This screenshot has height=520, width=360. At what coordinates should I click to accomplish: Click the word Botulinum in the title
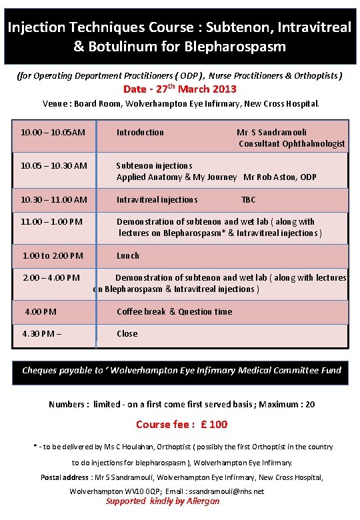coord(116,47)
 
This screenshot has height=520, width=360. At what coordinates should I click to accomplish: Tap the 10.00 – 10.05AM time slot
coord(53,132)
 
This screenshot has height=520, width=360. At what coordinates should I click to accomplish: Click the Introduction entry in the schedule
coord(140,132)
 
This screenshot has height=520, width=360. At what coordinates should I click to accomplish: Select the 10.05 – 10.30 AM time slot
coord(54,165)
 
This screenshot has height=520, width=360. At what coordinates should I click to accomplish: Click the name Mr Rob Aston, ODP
coord(280,177)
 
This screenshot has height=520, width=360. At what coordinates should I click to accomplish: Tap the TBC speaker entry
coord(249,199)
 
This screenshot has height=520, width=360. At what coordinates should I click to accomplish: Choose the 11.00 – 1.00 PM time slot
coord(52,221)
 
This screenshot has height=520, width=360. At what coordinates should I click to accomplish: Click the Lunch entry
coord(128,255)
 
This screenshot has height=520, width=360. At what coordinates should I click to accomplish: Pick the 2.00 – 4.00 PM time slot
coord(51,277)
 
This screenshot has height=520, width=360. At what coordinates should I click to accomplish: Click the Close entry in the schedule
coord(127,333)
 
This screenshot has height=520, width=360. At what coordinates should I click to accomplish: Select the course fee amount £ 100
coord(215,424)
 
